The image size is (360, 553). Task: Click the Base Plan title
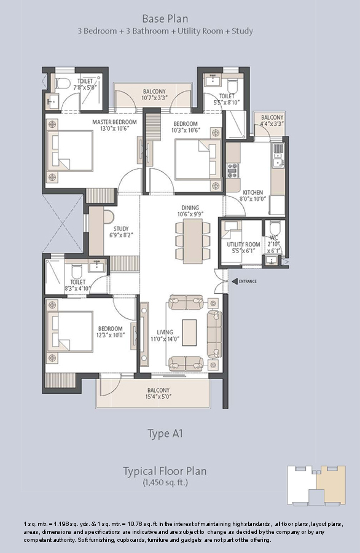pyautogui.click(x=165, y=18)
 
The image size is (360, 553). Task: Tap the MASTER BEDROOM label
pyautogui.click(x=114, y=122)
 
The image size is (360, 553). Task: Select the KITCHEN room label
pyautogui.click(x=253, y=192)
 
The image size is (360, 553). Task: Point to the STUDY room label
pyautogui.click(x=121, y=229)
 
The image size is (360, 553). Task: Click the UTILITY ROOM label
pyautogui.click(x=243, y=245)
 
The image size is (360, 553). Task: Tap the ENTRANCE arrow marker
pyautogui.click(x=235, y=281)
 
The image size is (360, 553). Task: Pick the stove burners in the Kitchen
pyautogui.click(x=232, y=171)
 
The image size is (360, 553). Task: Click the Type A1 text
pyautogui.click(x=165, y=433)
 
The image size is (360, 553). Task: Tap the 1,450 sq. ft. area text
pyautogui.click(x=165, y=482)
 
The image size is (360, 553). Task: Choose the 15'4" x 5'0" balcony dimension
pyautogui.click(x=158, y=396)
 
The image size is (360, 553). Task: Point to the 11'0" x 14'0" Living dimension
pyautogui.click(x=165, y=339)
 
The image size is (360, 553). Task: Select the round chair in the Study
pyautogui.click(x=109, y=217)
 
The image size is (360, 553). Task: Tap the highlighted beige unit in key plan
pyautogui.click(x=330, y=485)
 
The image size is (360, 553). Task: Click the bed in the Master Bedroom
pyautogui.click(x=70, y=151)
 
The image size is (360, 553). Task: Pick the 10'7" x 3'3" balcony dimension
pyautogui.click(x=154, y=98)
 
